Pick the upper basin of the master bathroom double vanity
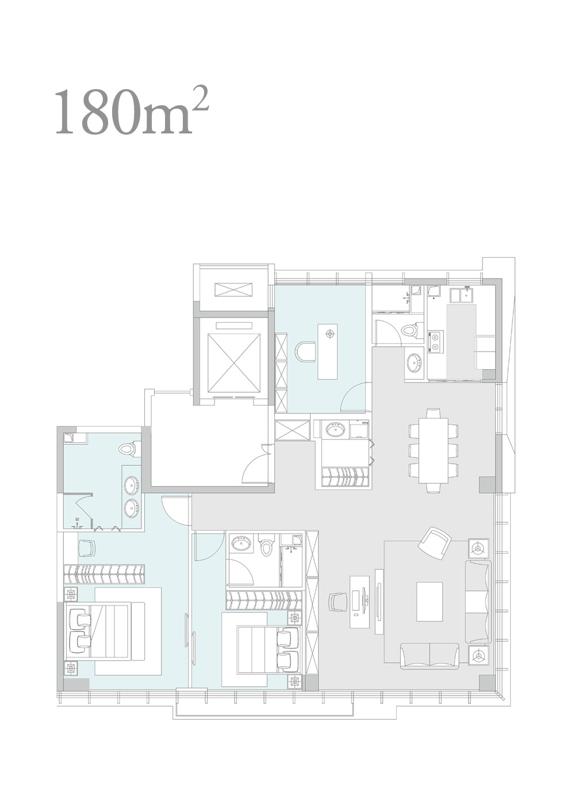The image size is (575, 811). pyautogui.click(x=131, y=484)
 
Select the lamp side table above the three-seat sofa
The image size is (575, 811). pyautogui.click(x=479, y=549)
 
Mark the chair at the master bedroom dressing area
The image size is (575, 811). pyautogui.click(x=87, y=549)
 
